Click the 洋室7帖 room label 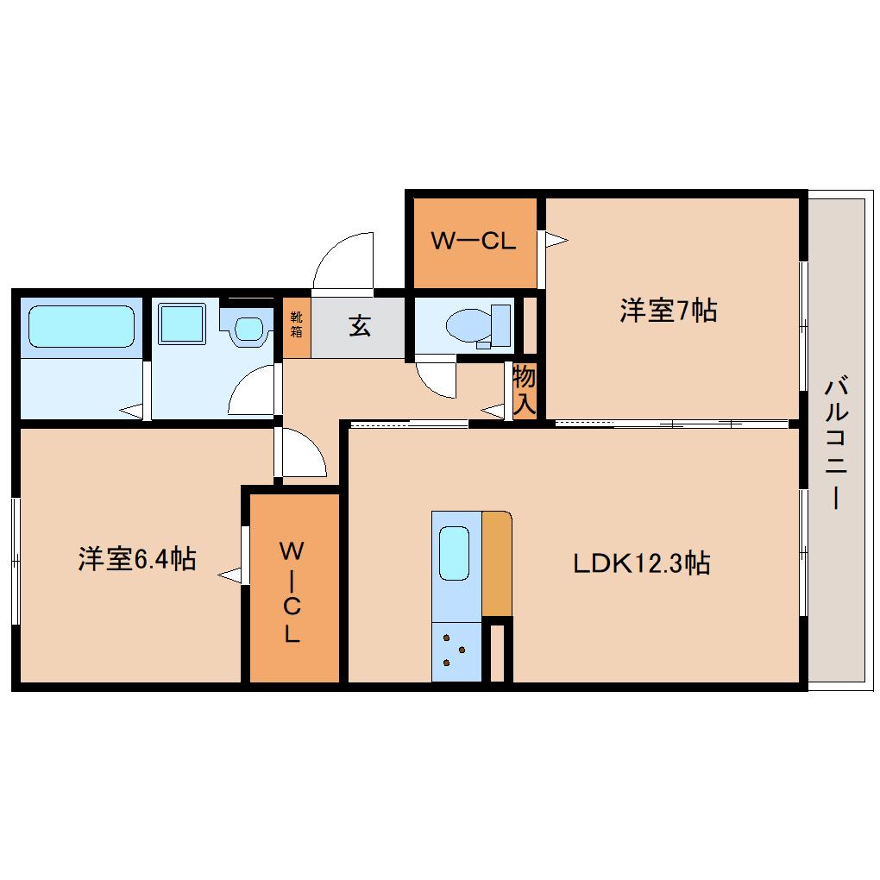tap(668, 310)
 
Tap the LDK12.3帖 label tap(642, 563)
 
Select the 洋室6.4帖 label tap(137, 558)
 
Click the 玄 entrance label tap(360, 325)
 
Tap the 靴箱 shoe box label tap(296, 324)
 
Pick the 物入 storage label tap(525, 390)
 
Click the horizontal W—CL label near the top tap(473, 241)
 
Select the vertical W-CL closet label tap(292, 592)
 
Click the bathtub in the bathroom tap(81, 327)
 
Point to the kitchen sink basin tap(454, 553)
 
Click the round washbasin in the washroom tap(248, 329)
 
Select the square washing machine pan tap(182, 324)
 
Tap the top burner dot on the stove tap(447, 638)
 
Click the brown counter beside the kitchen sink tap(497, 563)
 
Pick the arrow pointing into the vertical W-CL tap(229, 575)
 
